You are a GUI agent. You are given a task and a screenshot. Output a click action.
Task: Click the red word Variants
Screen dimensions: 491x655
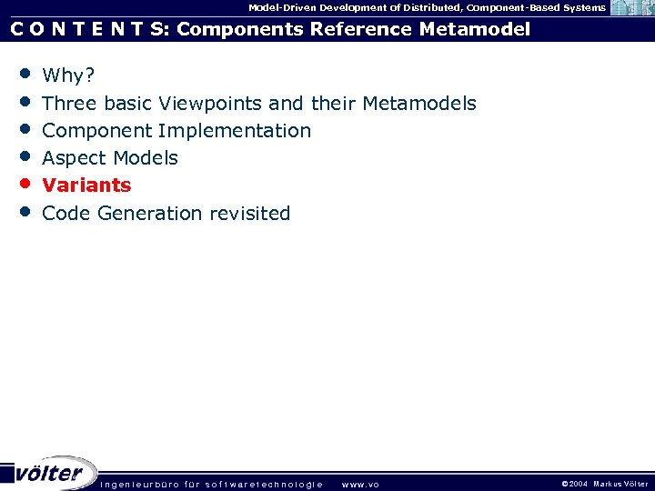[x=86, y=185]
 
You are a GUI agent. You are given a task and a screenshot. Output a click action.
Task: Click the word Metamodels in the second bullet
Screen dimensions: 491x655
[x=419, y=104]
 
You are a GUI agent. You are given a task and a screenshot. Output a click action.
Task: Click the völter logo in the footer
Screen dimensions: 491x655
[x=50, y=473]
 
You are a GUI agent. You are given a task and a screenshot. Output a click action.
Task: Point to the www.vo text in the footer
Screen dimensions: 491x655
[x=359, y=484]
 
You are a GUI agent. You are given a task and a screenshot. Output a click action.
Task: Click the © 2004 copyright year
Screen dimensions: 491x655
[x=575, y=484]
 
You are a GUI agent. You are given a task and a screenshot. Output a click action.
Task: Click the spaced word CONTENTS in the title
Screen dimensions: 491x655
[x=89, y=30]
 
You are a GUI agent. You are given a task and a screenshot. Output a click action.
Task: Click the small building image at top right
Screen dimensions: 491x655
[x=631, y=8]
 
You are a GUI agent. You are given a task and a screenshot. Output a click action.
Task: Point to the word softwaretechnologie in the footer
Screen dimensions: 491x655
[x=264, y=484]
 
